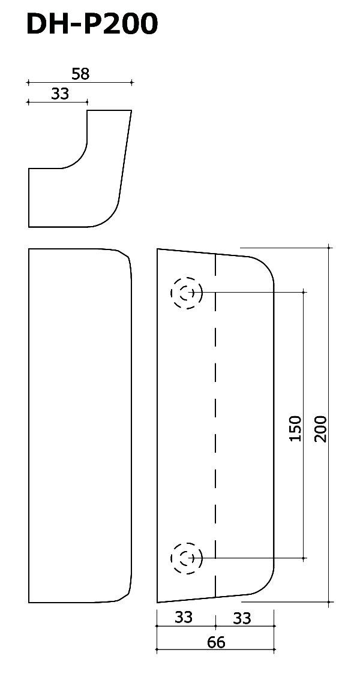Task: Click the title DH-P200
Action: tap(92, 24)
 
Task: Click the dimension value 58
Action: tap(80, 74)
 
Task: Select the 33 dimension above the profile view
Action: tap(60, 94)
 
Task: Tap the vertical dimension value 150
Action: tap(295, 428)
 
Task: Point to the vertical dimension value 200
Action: tap(320, 428)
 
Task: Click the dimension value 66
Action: tap(216, 642)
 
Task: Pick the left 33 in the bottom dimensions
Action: tap(184, 618)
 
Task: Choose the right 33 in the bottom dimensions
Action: tap(242, 619)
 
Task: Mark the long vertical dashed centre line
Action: tap(215, 425)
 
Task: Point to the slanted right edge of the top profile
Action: tap(125, 154)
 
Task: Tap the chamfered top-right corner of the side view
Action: tap(124, 254)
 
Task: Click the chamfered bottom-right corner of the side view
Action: tap(124, 597)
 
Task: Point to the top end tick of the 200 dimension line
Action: tap(329, 248)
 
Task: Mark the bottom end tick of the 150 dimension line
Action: tap(304, 558)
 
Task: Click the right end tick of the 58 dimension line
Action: tap(132, 82)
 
